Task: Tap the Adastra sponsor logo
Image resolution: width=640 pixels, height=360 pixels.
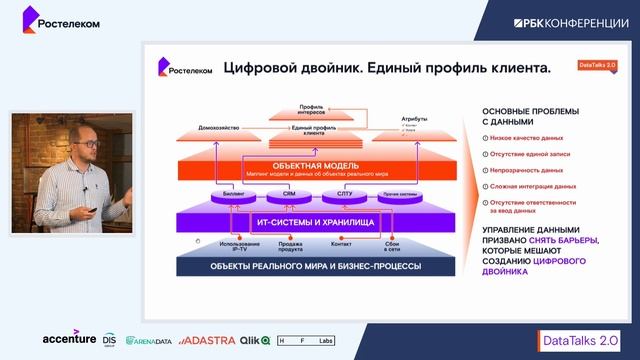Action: (208, 339)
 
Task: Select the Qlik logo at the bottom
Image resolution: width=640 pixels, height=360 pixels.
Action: (253, 339)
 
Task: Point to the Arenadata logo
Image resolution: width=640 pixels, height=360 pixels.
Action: (151, 340)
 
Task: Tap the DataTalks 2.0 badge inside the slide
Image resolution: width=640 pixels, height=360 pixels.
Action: (598, 65)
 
